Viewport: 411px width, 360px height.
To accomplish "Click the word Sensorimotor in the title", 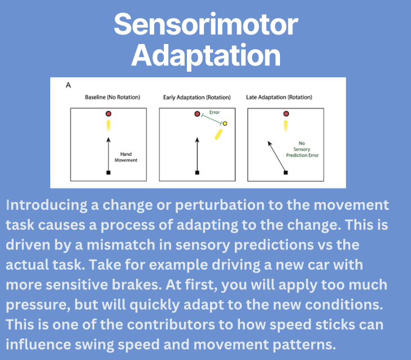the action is coord(206,24).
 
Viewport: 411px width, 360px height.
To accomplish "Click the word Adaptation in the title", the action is coord(206,56).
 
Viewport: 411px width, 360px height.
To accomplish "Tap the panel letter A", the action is coord(68,85).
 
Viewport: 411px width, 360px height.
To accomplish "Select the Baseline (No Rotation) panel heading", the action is coord(112,97).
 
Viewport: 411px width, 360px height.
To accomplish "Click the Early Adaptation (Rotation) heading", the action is coord(197,98).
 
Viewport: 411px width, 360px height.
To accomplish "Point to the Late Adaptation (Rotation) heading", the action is coord(279,97).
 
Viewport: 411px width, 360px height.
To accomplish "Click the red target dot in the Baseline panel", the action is coord(108,114).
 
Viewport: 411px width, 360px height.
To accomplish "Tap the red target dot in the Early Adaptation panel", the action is coord(198,114).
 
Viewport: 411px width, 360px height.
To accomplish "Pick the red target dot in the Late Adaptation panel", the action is coord(286,114).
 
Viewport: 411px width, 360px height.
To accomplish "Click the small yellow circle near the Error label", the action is coord(225,124).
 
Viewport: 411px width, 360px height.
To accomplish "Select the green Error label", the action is coord(215,112).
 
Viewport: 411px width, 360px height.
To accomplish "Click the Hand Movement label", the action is coord(126,157).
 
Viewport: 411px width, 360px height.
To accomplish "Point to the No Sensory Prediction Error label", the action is coord(302,150).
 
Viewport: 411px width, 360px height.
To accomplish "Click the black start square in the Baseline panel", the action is coord(108,173).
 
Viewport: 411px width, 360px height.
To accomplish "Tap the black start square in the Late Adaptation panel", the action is coord(286,173).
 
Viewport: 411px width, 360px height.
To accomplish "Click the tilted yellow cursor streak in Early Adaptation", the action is coord(218,134).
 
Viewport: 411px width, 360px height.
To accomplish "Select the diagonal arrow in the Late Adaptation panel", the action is coord(277,156).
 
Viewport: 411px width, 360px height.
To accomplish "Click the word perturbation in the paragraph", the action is coord(220,205).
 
